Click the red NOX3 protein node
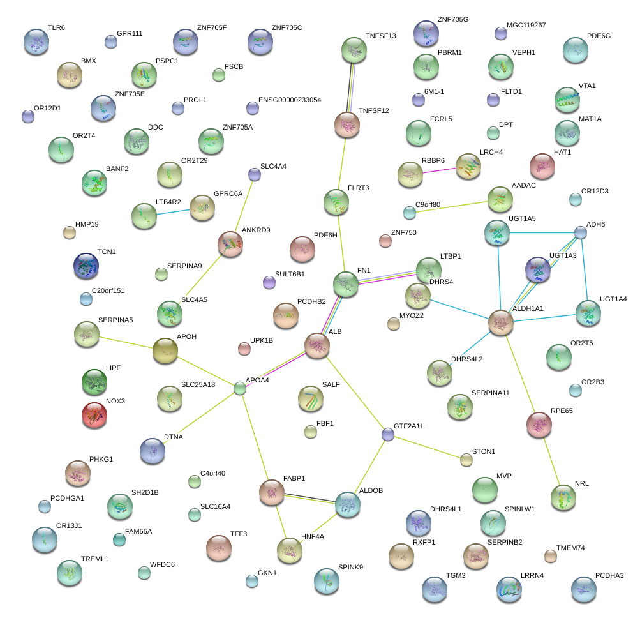tap(94, 415)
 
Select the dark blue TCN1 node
tap(86, 266)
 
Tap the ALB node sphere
tap(317, 345)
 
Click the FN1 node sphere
tap(346, 284)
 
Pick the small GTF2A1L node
tap(387, 434)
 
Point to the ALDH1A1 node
tap(500, 322)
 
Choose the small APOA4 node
tap(240, 388)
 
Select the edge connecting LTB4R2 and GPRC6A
tap(173, 211)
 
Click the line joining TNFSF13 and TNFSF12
tap(350, 87)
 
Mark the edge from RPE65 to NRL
tap(551, 461)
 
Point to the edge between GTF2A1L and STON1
tap(427, 447)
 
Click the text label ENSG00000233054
tap(290, 100)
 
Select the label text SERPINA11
tap(491, 393)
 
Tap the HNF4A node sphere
tap(290, 550)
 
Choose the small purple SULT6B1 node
tap(269, 282)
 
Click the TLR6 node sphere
tap(36, 41)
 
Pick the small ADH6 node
tap(580, 232)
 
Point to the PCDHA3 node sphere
tap(584, 589)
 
